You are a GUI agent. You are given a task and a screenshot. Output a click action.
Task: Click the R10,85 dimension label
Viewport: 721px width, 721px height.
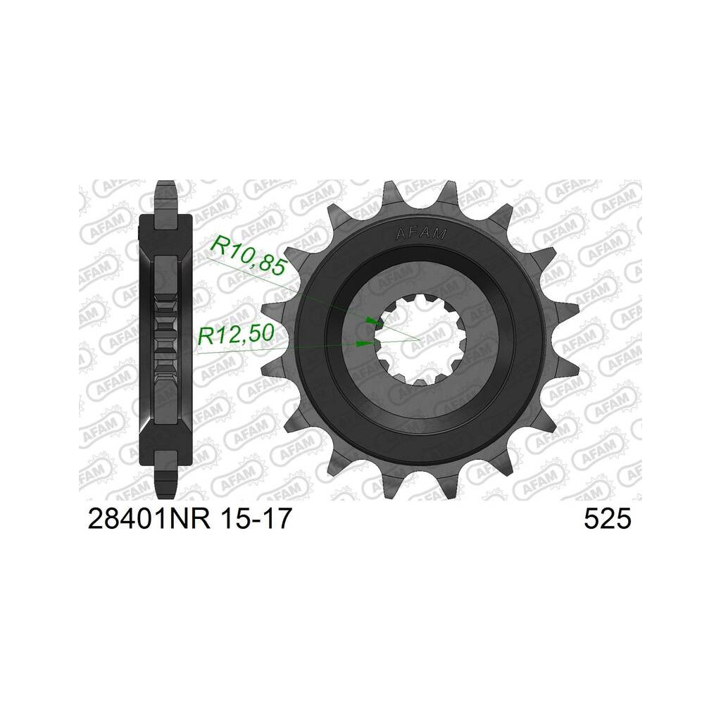(249, 256)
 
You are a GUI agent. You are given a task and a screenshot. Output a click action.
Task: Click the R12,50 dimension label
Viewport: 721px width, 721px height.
(236, 334)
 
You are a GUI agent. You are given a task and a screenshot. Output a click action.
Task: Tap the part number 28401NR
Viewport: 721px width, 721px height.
(149, 519)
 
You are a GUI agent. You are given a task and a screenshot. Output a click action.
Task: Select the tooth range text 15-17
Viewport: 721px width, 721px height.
(256, 519)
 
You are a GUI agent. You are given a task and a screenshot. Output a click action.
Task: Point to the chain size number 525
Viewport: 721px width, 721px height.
(608, 519)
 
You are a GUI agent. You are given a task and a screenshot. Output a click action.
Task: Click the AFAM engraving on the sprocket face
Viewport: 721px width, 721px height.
(421, 234)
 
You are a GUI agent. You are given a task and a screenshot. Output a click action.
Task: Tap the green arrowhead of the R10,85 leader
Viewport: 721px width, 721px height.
(372, 320)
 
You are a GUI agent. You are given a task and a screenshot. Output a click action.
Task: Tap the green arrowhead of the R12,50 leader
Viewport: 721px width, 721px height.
(365, 344)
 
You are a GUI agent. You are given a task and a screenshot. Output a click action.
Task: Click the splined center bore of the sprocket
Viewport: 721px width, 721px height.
(420, 340)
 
